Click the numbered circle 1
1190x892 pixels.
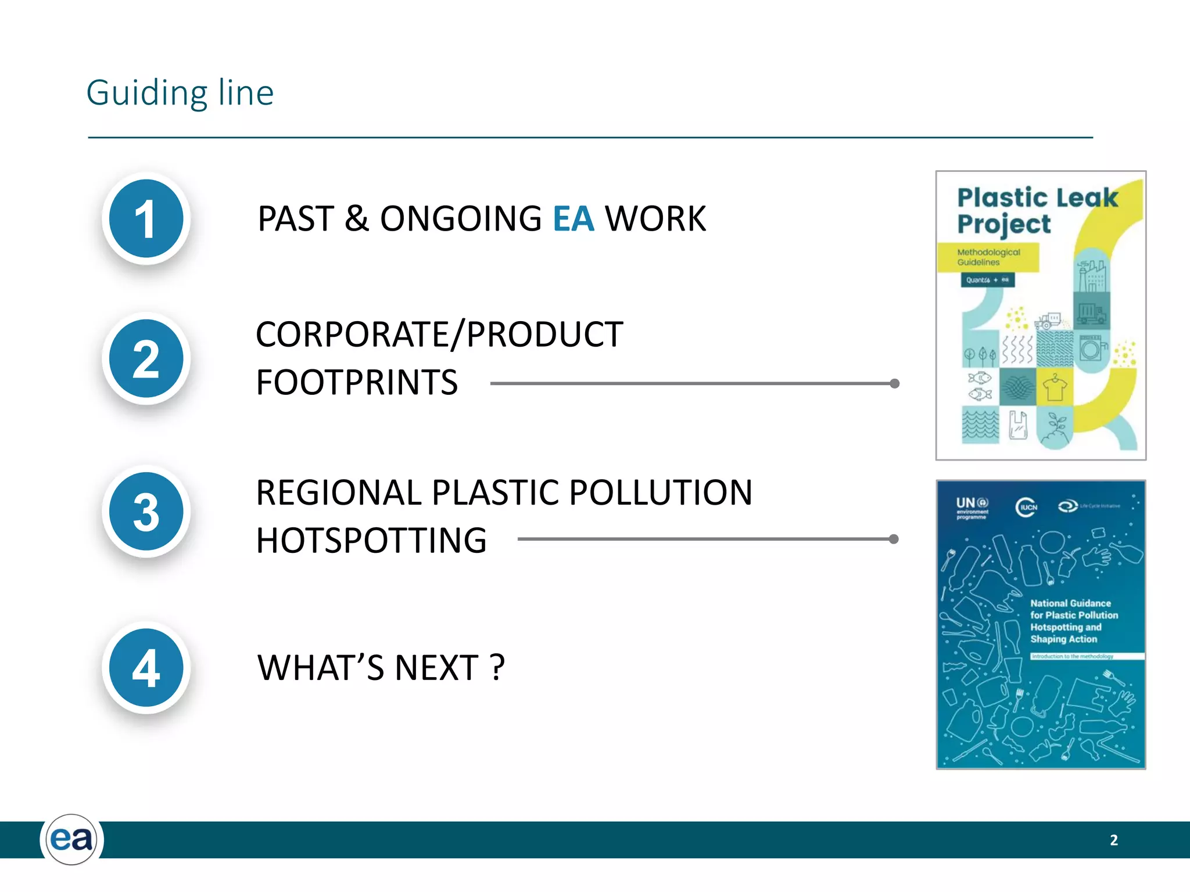[146, 218]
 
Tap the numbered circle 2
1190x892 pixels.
[146, 358]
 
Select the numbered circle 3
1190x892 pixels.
[146, 512]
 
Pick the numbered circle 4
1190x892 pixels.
[146, 667]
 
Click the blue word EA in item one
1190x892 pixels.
[574, 219]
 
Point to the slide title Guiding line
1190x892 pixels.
[180, 93]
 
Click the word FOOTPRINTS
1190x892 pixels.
[357, 383]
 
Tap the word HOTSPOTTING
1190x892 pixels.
[371, 541]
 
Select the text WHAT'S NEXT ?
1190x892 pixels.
[381, 668]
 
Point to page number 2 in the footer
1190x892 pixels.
[1113, 840]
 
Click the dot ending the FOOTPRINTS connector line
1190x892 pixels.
[895, 383]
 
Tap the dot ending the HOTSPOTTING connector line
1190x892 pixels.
[894, 539]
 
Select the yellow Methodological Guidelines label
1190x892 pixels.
[988, 257]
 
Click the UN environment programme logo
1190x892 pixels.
[972, 507]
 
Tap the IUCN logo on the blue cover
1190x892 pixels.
[1026, 507]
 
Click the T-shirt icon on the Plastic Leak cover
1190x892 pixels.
[1055, 387]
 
